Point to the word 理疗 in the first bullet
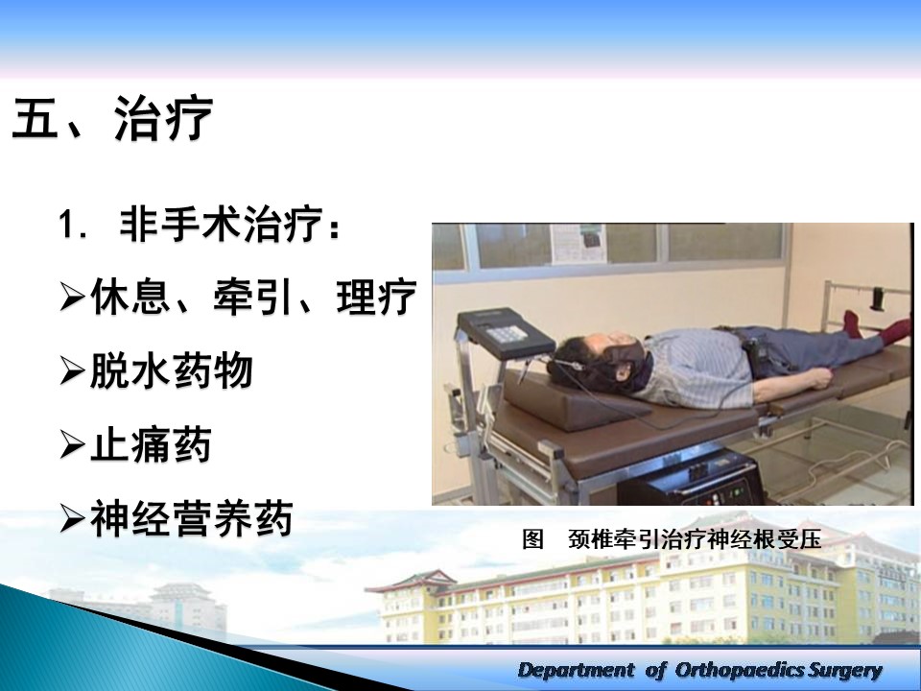click(x=376, y=297)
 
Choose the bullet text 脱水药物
click(x=171, y=370)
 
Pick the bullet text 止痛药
click(x=151, y=444)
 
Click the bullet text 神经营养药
click(x=192, y=518)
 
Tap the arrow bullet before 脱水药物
click(x=72, y=371)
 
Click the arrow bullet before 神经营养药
click(x=72, y=519)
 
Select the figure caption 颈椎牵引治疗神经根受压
click(x=695, y=538)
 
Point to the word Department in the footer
click(x=577, y=670)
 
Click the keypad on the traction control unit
click(x=506, y=334)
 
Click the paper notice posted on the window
click(x=578, y=243)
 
